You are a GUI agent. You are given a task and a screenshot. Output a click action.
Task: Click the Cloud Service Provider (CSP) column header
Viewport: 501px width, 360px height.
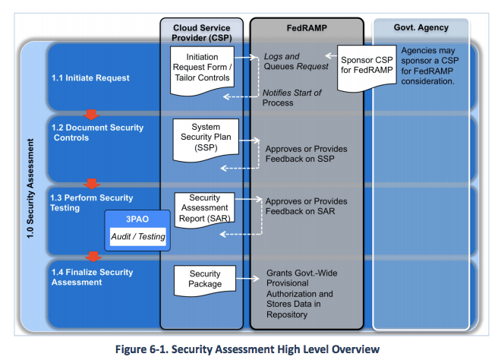201,33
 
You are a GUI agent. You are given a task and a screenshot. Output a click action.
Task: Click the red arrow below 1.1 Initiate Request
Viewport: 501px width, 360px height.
92,115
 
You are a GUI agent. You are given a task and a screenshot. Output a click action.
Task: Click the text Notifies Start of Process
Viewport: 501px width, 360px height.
292,97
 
